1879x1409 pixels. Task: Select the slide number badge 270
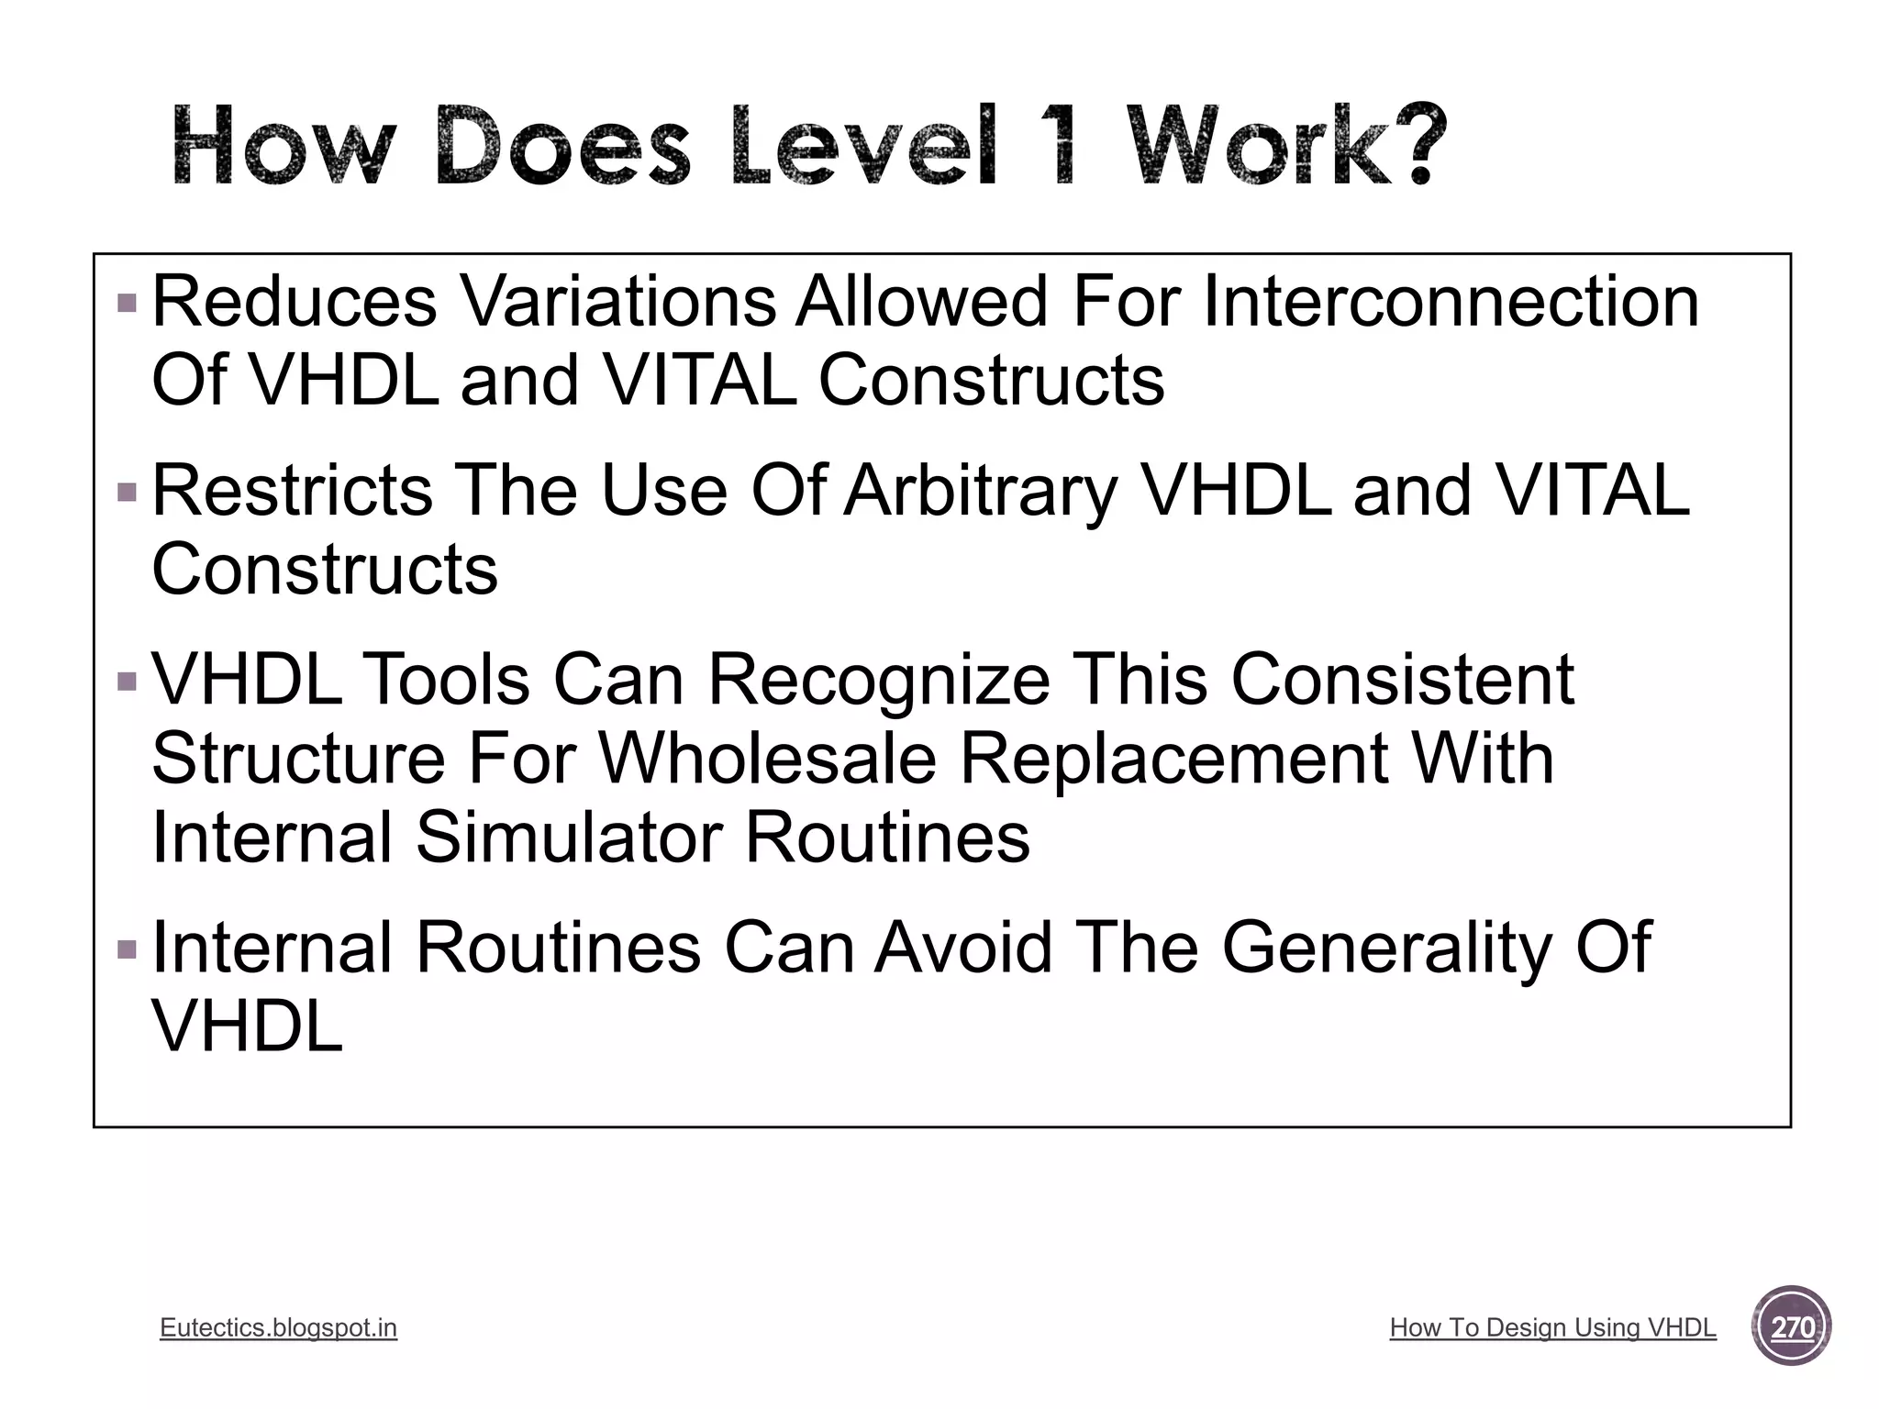[1792, 1326]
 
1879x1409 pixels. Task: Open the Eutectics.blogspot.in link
[278, 1327]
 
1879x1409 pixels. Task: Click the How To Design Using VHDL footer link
[1552, 1327]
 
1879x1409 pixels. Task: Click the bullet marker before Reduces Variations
[128, 303]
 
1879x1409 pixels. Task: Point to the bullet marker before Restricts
[128, 493]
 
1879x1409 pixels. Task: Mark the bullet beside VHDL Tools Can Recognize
[128, 682]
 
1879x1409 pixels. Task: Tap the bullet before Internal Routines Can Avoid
[128, 949]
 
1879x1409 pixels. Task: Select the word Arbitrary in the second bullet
[981, 491]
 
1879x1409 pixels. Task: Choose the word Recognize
[879, 681]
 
